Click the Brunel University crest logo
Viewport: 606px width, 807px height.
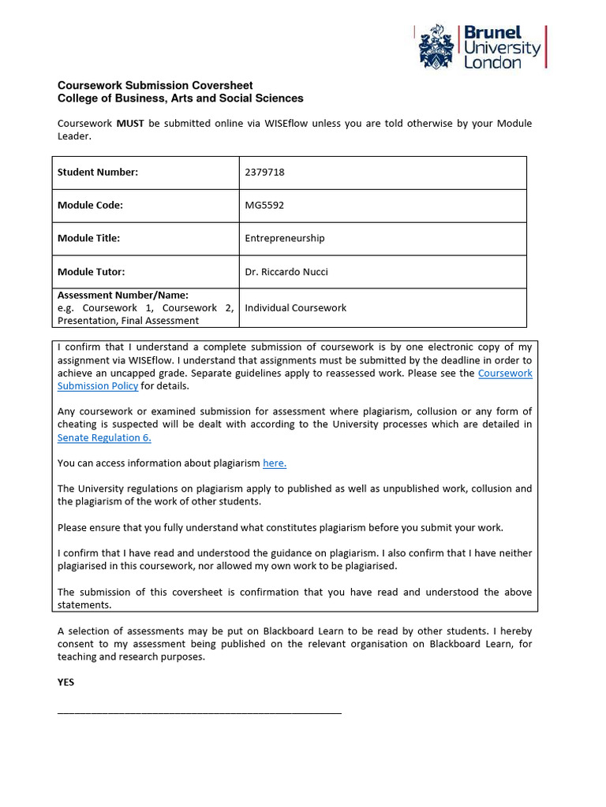[x=436, y=46]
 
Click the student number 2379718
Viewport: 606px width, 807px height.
[x=264, y=173]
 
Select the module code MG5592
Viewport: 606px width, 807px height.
[x=264, y=206]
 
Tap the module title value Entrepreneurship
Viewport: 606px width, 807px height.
[x=285, y=238]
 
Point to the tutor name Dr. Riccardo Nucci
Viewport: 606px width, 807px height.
[x=286, y=272]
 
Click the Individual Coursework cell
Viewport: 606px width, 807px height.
[x=296, y=307]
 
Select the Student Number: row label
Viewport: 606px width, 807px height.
[x=98, y=173]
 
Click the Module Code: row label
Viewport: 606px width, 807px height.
[x=90, y=206]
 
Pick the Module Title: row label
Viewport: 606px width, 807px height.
[x=88, y=238]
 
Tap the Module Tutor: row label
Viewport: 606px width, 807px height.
[x=92, y=272]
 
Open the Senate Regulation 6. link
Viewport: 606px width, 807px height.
[x=104, y=437]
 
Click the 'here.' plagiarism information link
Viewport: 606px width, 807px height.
[x=275, y=463]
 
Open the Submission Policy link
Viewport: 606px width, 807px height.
[x=98, y=386]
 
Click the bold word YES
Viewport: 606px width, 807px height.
[x=66, y=682]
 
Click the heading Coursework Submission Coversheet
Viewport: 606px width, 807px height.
[x=155, y=85]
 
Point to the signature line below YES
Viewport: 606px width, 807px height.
[x=200, y=712]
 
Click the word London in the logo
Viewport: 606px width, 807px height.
[x=492, y=63]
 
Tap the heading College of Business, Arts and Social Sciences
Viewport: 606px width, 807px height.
[x=181, y=99]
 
